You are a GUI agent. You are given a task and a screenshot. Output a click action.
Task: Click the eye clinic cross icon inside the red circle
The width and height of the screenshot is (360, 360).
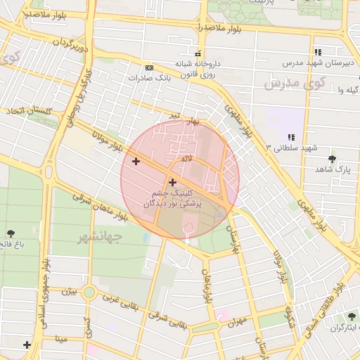[172, 182]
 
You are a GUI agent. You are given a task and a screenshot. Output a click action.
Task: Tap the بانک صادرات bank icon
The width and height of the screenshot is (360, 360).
[149, 67]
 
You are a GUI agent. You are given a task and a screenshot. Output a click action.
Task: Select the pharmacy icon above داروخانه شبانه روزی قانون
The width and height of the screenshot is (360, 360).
[199, 53]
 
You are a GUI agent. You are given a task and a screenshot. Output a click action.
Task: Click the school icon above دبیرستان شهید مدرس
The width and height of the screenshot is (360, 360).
[318, 52]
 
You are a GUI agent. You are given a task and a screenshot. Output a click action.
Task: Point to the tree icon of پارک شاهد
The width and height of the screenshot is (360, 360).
[332, 160]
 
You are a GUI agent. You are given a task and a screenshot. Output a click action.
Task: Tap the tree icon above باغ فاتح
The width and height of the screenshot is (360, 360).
[11, 233]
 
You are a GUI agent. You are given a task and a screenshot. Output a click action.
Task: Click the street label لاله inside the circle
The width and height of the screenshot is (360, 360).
[186, 160]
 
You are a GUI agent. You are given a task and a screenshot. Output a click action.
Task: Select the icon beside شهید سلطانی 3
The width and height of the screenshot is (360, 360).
[290, 137]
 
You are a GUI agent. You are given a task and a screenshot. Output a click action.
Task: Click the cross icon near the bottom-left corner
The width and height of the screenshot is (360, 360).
[27, 345]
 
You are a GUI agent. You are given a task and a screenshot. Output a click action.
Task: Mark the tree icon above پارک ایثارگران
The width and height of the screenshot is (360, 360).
[351, 317]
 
